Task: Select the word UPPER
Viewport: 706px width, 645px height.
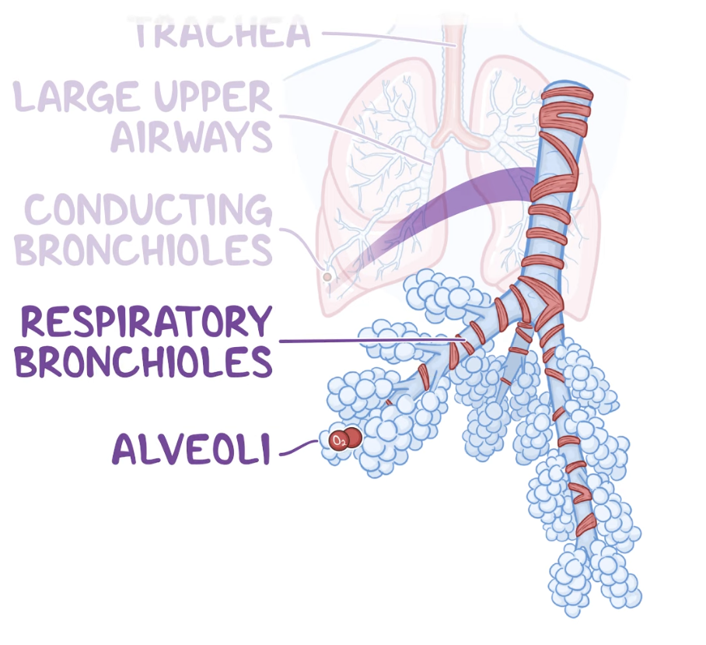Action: point(210,97)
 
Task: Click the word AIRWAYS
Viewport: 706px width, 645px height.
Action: point(191,135)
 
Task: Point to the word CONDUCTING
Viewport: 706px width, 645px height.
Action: point(148,209)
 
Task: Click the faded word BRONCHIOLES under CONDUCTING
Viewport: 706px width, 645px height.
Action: point(145,248)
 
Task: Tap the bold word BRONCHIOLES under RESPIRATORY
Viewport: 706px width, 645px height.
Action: point(145,361)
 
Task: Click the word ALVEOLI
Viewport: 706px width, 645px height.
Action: point(191,449)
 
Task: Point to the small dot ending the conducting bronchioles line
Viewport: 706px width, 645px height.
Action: point(327,276)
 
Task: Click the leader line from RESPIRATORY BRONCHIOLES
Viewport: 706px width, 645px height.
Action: point(365,341)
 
